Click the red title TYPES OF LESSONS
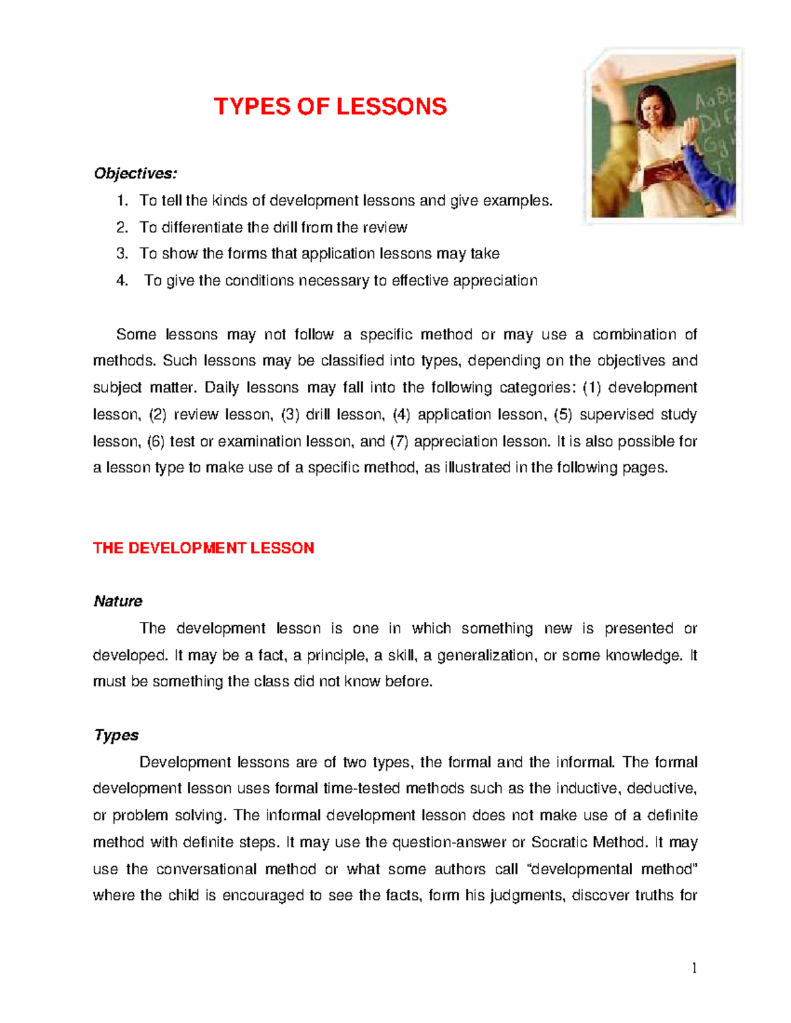[330, 107]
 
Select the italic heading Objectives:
[135, 173]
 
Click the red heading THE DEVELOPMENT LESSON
[204, 548]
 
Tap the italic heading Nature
[118, 601]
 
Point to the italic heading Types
[116, 735]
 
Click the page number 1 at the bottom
[694, 968]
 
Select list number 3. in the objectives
[122, 254]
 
